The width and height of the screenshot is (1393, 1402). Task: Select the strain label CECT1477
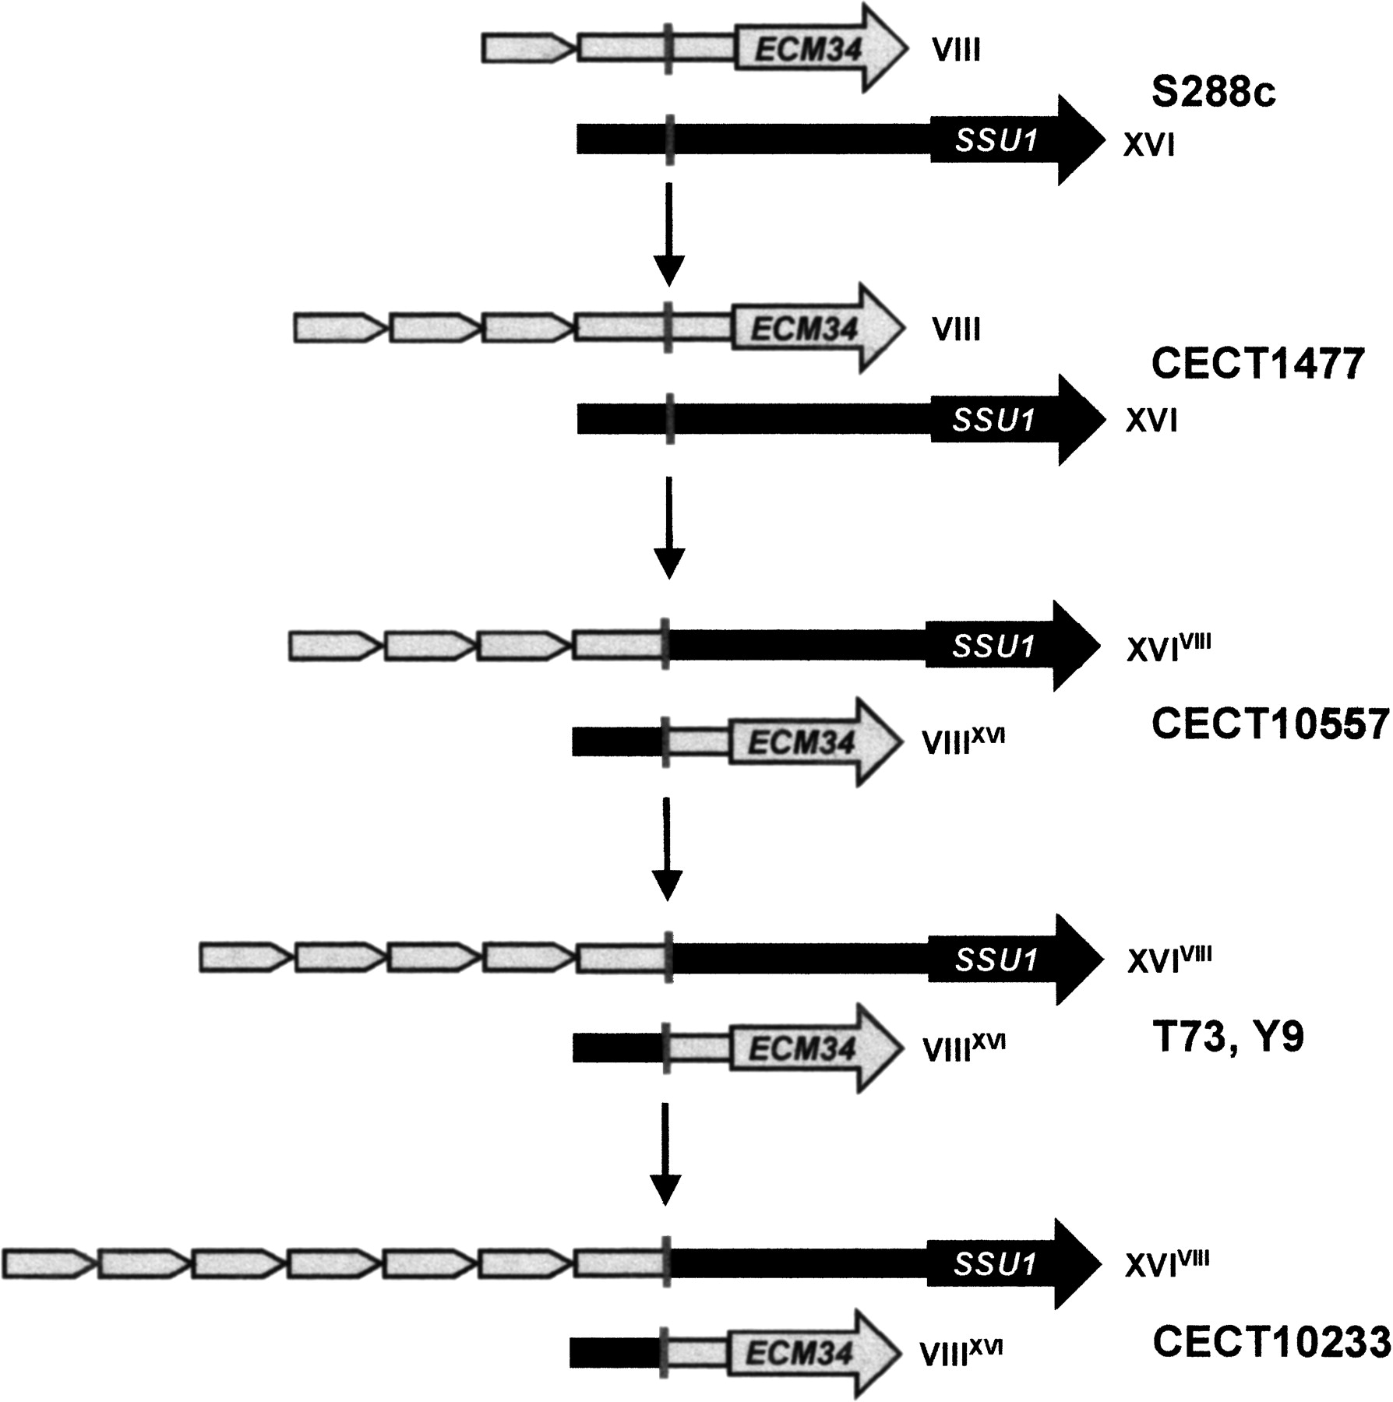pos(1257,363)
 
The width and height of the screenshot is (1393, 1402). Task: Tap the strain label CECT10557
pos(1270,724)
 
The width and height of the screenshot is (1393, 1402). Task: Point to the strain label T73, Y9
pos(1227,1038)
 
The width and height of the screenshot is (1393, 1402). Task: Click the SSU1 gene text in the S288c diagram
pos(996,141)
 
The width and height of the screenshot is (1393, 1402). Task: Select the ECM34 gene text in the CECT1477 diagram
pos(804,329)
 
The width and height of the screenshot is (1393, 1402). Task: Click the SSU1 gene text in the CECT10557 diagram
pos(993,646)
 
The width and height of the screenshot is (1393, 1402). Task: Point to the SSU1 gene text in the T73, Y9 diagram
pos(996,960)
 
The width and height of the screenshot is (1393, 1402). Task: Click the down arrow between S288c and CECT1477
pos(668,234)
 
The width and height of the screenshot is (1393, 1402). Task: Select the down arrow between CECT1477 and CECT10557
pos(668,527)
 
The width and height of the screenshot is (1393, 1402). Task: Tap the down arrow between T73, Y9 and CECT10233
pos(665,1154)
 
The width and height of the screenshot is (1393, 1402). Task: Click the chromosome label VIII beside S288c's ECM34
pos(956,51)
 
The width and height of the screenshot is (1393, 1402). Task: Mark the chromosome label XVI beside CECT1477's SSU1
pos(1151,421)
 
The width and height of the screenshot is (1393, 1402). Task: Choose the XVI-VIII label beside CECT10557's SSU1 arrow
pos(1168,648)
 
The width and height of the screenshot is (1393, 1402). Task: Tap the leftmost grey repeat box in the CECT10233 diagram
pos(46,1262)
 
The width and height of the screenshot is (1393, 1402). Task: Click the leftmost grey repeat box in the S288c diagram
pos(526,49)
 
